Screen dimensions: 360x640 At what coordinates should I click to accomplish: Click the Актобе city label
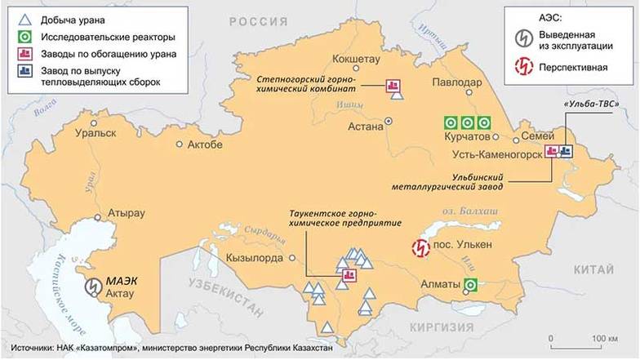pos(205,144)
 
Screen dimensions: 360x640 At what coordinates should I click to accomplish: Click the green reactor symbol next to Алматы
pos(471,284)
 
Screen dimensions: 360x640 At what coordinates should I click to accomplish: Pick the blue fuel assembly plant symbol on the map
pos(567,151)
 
